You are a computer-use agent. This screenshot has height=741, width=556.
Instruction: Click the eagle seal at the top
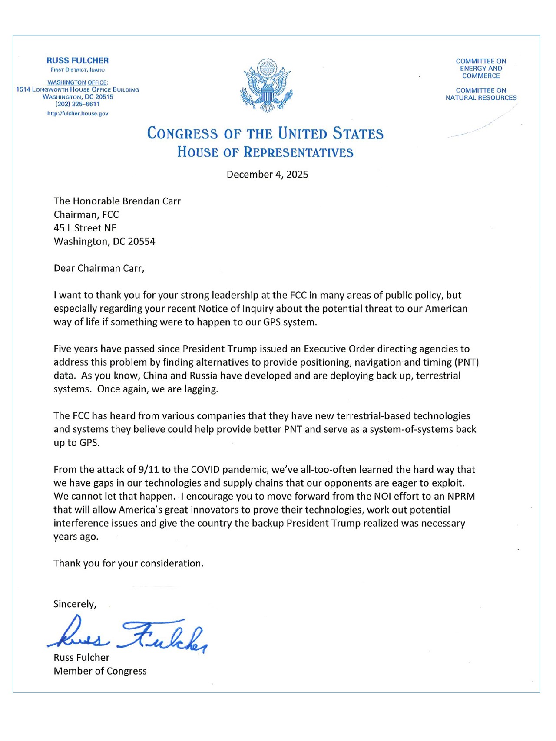tap(266, 86)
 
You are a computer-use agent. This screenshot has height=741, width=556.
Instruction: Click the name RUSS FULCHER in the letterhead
tap(78, 61)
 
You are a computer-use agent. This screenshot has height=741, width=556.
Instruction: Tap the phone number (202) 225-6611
tap(78, 104)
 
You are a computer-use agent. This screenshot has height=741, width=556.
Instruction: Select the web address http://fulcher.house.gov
tap(78, 114)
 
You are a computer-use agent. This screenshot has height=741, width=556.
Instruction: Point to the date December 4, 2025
tap(267, 175)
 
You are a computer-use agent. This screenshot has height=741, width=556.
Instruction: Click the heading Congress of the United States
tap(265, 133)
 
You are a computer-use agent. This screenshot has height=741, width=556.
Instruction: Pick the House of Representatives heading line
tap(265, 152)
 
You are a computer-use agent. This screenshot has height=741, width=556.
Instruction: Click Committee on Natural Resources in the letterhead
tap(481, 94)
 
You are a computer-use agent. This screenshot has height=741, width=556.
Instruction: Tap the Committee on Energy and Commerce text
tap(481, 69)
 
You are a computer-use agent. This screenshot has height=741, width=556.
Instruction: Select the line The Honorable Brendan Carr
tap(117, 201)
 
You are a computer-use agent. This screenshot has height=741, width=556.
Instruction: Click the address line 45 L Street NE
tap(85, 228)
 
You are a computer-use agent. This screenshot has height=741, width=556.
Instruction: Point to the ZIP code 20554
tap(142, 242)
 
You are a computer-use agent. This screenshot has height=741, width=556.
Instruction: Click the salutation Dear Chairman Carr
tap(99, 268)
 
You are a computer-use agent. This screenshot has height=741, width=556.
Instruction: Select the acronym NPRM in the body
tap(461, 496)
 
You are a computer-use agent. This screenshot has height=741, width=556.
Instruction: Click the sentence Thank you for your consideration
tap(128, 563)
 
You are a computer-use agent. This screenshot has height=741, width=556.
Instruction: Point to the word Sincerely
tap(75, 604)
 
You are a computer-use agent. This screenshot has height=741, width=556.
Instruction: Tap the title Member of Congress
tap(100, 671)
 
